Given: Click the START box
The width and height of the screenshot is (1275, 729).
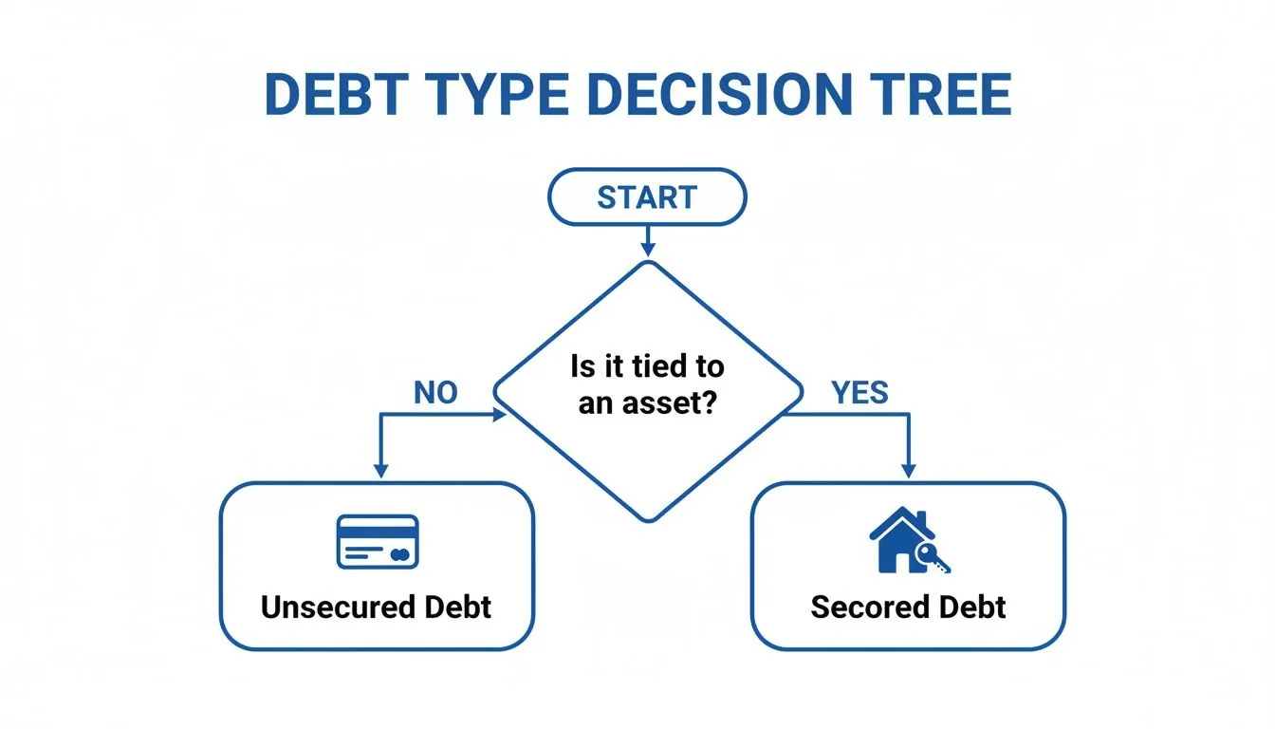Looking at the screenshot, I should coord(647,197).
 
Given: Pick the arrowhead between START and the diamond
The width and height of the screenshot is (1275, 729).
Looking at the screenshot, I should coord(648,248).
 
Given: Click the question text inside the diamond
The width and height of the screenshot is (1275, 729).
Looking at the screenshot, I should coord(647,384).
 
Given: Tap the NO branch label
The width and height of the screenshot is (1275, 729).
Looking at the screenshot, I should coord(435,392).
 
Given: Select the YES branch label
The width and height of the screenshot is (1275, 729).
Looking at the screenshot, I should coord(859,391).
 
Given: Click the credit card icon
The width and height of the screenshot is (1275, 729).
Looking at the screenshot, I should coord(378,542).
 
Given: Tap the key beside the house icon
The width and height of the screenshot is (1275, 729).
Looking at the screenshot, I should coord(936,560).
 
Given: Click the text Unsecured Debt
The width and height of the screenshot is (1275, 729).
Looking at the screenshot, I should coord(377,607).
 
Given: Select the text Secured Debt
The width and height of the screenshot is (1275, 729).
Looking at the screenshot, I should coord(908,607).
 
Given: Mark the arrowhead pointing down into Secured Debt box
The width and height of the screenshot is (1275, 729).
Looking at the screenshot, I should coord(909,471).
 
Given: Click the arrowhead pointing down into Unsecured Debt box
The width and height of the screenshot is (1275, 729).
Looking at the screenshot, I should coord(380,470).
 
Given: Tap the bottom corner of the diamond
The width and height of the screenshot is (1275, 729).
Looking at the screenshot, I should coord(648,519).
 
